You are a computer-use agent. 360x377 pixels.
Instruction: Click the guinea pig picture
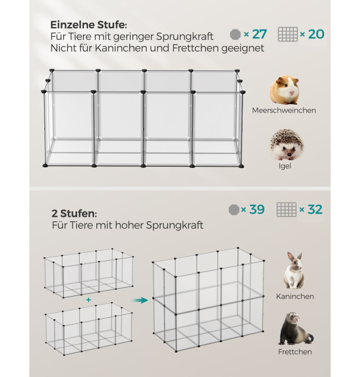[285, 90]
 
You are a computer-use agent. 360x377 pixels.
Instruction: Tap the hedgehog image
[287, 145]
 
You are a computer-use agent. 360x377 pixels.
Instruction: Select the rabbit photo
[294, 270]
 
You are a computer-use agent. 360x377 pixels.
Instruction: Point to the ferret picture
[296, 329]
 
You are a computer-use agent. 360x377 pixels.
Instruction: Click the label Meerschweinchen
[284, 110]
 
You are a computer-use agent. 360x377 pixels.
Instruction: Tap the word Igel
[285, 166]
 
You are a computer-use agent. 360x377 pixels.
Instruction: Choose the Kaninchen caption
[295, 296]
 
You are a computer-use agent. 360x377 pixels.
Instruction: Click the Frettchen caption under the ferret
[295, 351]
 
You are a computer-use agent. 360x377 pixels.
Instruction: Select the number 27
[260, 34]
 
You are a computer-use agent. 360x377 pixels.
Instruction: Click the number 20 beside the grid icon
[316, 34]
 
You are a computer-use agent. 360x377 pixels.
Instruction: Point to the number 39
[257, 210]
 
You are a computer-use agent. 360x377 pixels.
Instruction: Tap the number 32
[315, 210]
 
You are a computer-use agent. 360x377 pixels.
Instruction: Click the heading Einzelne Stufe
[89, 25]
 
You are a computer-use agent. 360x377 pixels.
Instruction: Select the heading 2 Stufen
[74, 213]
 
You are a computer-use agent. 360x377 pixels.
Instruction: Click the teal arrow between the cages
[140, 300]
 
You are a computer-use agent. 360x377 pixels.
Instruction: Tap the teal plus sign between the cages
[89, 300]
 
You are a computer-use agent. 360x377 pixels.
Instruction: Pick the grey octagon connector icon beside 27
[235, 34]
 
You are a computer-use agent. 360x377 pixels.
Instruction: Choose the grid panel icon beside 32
[286, 210]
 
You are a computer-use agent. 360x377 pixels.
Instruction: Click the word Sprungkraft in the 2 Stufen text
[174, 226]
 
